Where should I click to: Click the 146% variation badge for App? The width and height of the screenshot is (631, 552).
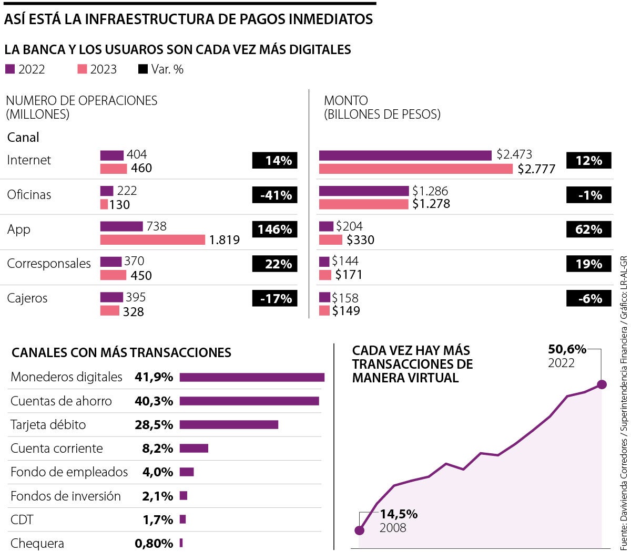pyautogui.click(x=274, y=230)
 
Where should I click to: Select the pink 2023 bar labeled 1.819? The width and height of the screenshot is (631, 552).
pyautogui.click(x=152, y=240)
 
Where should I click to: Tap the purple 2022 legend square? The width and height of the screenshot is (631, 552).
pyautogui.click(x=10, y=69)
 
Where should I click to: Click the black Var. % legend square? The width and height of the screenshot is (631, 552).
pyautogui.click(x=143, y=69)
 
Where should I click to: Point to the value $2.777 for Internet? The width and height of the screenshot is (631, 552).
pyautogui.click(x=536, y=169)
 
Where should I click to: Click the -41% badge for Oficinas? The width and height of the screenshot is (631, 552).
pyautogui.click(x=274, y=195)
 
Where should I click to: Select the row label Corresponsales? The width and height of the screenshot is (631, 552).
pyautogui.click(x=49, y=264)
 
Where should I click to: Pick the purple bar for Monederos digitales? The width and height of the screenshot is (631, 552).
pyautogui.click(x=252, y=377)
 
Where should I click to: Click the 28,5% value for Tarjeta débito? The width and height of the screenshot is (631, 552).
pyautogui.click(x=154, y=424)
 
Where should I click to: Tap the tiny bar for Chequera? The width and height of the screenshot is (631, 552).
pyautogui.click(x=181, y=543)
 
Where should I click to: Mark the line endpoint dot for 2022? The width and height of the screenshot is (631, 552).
pyautogui.click(x=602, y=384)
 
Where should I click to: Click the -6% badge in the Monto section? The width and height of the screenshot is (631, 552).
pyautogui.click(x=588, y=298)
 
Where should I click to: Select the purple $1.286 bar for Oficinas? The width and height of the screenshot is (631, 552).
pyautogui.click(x=364, y=191)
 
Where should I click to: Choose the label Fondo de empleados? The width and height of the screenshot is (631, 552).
pyautogui.click(x=69, y=472)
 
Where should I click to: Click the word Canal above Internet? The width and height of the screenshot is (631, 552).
pyautogui.click(x=23, y=138)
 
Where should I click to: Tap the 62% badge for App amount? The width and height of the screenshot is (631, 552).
pyautogui.click(x=588, y=230)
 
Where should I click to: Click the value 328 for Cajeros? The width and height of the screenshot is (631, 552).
pyautogui.click(x=133, y=311)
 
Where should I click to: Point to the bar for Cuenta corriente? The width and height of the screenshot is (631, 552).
pyautogui.click(x=194, y=448)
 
